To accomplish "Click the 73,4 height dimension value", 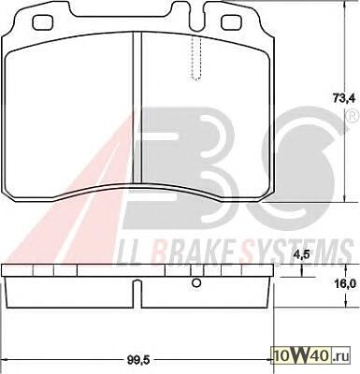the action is pyautogui.click(x=344, y=98).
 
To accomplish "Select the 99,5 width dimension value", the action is pyautogui.click(x=138, y=361).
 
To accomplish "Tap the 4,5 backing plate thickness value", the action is pyautogui.click(x=301, y=254).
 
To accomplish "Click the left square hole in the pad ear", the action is pyautogui.click(x=43, y=22).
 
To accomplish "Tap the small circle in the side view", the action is pyautogui.click(x=196, y=283).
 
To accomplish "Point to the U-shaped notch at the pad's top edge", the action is pyautogui.click(x=196, y=16).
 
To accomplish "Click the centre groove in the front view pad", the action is pyautogui.click(x=137, y=108).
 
